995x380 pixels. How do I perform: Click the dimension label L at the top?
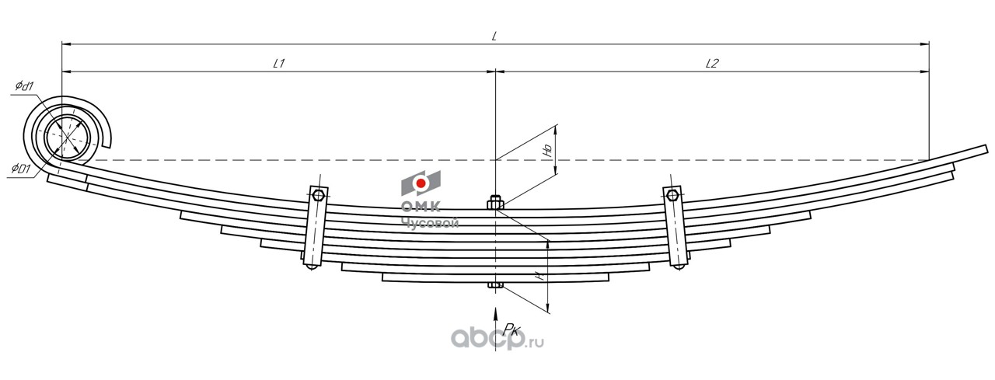[x=494, y=36]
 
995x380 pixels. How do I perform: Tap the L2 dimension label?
[x=710, y=64]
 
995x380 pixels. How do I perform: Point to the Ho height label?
[x=547, y=150]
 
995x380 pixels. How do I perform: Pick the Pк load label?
[x=511, y=329]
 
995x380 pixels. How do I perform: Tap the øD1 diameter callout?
[x=21, y=168]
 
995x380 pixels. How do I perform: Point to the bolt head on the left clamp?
[x=317, y=194]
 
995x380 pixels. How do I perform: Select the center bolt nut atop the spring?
[x=495, y=204]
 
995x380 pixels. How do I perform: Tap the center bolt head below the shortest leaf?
[x=495, y=284]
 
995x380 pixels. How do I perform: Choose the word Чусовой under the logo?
[x=430, y=222]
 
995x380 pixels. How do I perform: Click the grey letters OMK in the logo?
[x=421, y=207]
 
